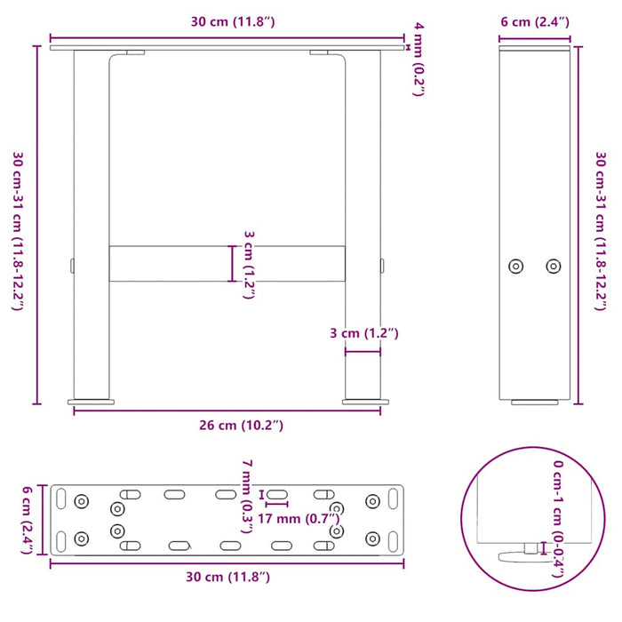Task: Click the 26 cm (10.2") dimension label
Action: tap(227, 425)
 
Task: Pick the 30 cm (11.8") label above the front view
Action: tap(227, 21)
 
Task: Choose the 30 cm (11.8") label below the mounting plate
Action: tap(227, 578)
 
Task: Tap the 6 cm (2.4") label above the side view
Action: tap(534, 21)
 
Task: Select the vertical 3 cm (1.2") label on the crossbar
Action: tap(249, 264)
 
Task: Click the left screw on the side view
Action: tap(515, 266)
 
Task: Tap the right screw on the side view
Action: tap(554, 266)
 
